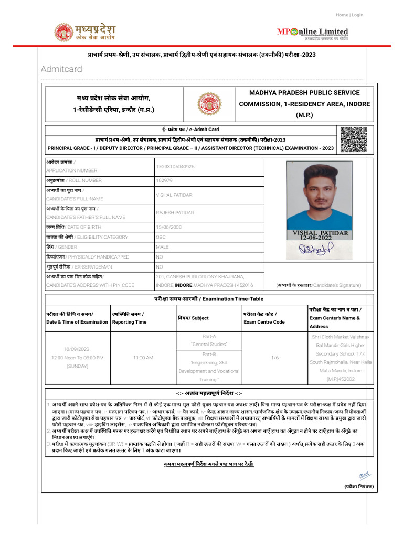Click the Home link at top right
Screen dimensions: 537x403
[342, 15]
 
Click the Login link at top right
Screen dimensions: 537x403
[357, 15]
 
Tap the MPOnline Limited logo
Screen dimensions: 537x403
[312, 33]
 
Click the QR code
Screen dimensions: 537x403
[353, 139]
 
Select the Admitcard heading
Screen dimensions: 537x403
[61, 69]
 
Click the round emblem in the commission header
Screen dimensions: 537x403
[209, 103]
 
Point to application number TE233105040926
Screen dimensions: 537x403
[175, 166]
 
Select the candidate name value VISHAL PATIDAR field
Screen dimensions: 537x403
[174, 195]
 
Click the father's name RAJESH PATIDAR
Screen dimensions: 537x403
[175, 213]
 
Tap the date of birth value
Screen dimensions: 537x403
[168, 227]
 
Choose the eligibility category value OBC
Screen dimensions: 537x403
[160, 237]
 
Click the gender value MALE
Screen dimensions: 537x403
[162, 247]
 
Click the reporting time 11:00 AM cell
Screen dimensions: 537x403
[143, 358]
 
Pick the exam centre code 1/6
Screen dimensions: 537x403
[275, 358]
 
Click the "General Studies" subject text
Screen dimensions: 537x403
[209, 344]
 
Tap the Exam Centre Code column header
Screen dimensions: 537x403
[264, 318]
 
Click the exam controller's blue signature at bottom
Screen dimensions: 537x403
[365, 475]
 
